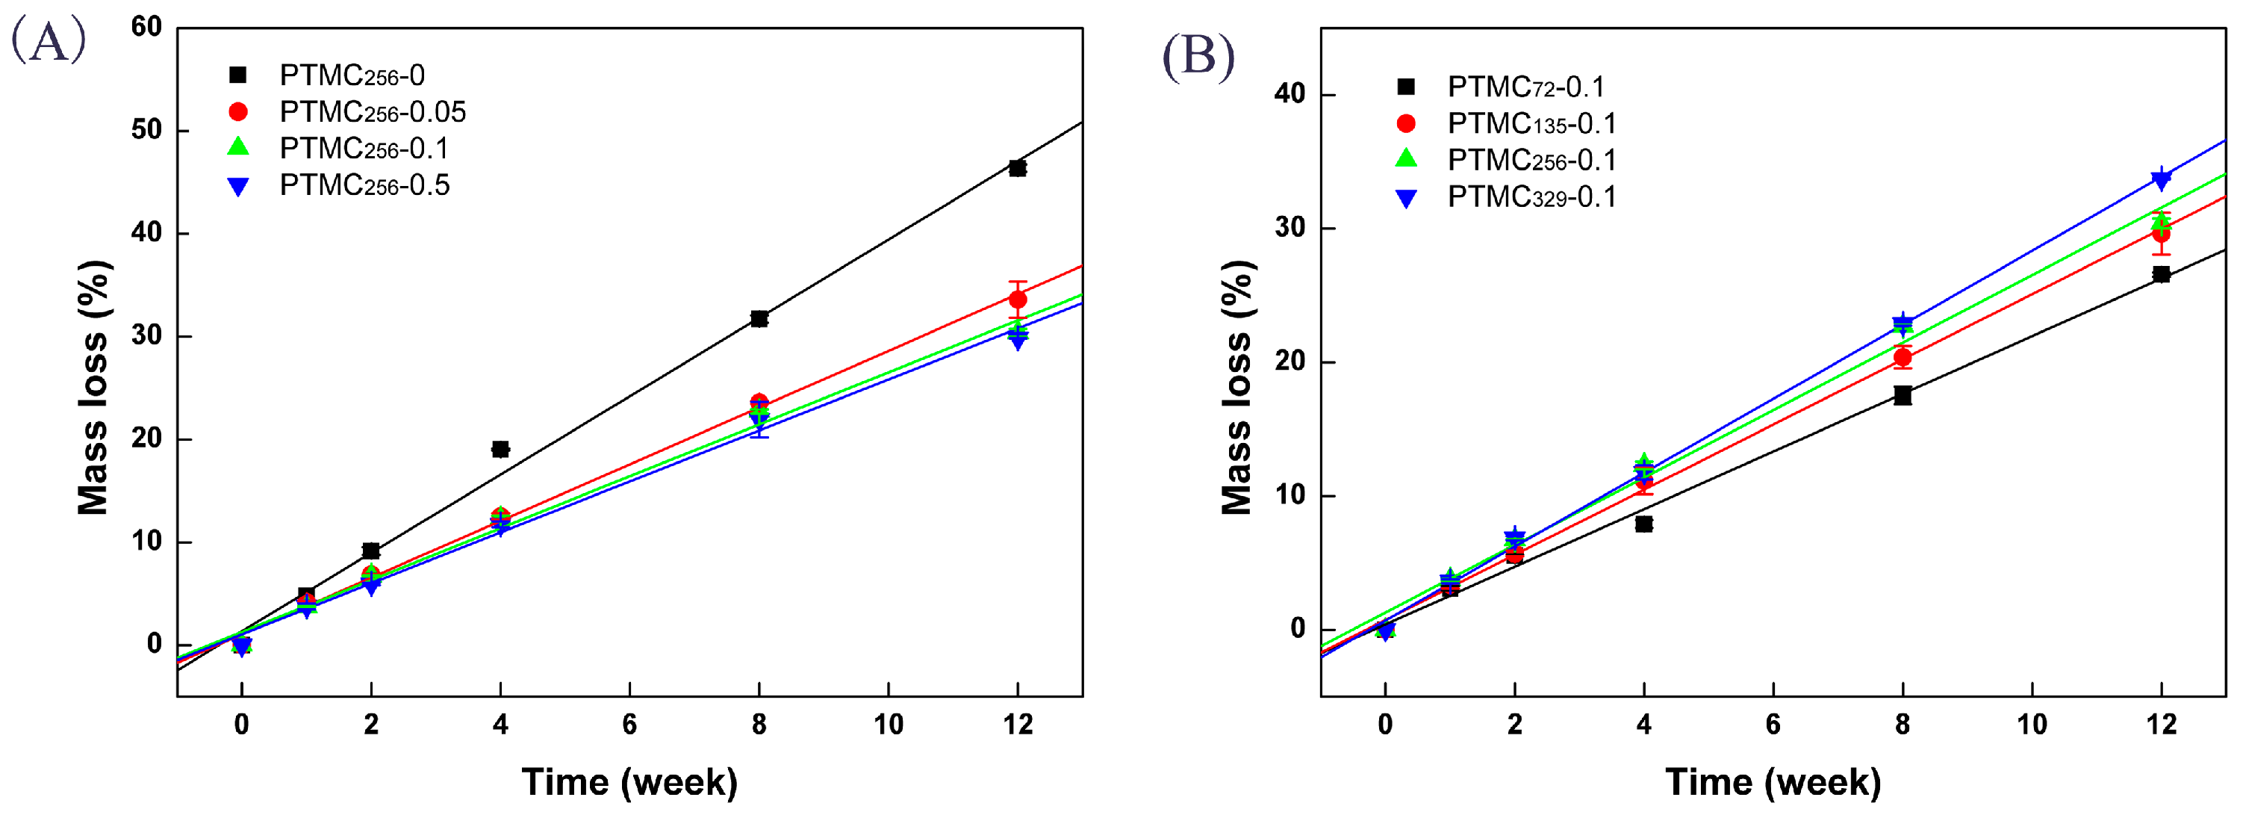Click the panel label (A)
pyautogui.click(x=49, y=41)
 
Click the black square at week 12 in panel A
pyautogui.click(x=1017, y=168)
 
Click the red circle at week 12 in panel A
pyautogui.click(x=1017, y=300)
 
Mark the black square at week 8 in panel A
pyautogui.click(x=759, y=319)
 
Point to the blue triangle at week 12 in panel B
pyautogui.click(x=2160, y=179)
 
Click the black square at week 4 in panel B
pyautogui.click(x=1643, y=524)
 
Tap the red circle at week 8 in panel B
pyautogui.click(x=1902, y=357)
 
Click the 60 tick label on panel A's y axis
pyautogui.click(x=146, y=27)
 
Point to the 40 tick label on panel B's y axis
pyautogui.click(x=1290, y=94)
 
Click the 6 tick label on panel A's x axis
pyautogui.click(x=629, y=725)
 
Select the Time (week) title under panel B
pyautogui.click(x=1772, y=782)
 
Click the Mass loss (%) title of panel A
pyautogui.click(x=93, y=388)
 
